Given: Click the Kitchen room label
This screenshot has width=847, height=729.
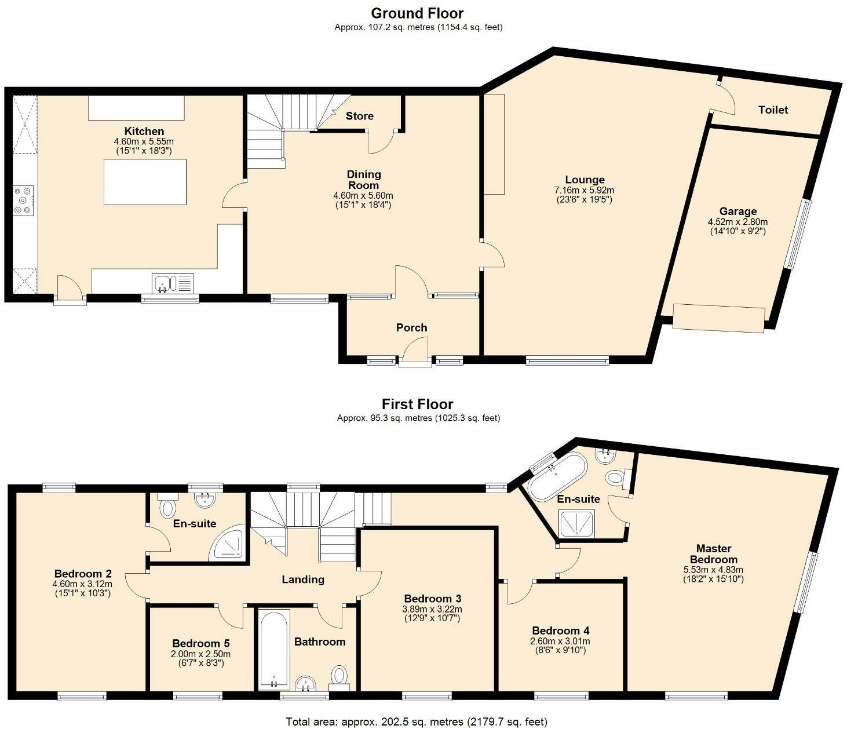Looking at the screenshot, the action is coord(144,131).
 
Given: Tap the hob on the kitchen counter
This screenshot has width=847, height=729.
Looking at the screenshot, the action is coord(23,201).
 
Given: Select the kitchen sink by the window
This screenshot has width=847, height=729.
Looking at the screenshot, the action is coord(173,283).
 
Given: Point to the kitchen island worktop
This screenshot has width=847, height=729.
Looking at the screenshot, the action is coord(145,182).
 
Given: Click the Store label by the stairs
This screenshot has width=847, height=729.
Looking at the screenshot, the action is coord(359,116).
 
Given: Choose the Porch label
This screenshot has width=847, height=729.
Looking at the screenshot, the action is coord(411,327).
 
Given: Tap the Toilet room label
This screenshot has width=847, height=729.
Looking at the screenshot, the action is coord(773,110).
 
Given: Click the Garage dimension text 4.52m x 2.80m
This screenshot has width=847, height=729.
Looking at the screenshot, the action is coord(738,222).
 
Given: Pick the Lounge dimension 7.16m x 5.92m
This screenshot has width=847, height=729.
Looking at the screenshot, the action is coord(584,190).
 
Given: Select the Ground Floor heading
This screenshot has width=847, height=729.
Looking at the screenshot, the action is coord(417,13).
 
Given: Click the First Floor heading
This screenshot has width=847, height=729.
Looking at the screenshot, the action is coord(417,404).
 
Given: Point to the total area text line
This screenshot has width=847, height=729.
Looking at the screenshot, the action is coord(417,721).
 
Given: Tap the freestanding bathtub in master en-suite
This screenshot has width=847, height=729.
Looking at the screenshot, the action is coord(557,476).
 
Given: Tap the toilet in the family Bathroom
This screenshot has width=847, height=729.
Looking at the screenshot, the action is coord(339,679).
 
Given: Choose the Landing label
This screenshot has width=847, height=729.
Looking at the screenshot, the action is coord(303,579).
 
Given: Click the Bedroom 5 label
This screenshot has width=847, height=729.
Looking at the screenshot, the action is coord(201,643).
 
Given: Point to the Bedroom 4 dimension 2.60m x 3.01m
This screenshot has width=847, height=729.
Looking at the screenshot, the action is coord(560,641).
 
